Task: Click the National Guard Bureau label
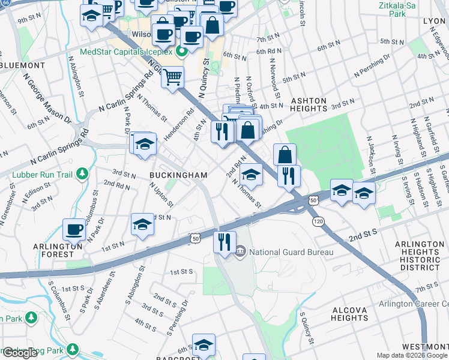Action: pos(291,252)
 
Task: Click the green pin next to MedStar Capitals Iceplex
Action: pos(179,52)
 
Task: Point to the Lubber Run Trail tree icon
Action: pos(82,175)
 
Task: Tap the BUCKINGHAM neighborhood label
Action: pos(178,175)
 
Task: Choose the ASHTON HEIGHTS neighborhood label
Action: pos(309,106)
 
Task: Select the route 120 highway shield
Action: pos(317,222)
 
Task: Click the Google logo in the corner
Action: pos(20,353)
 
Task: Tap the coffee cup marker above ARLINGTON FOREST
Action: pos(75,229)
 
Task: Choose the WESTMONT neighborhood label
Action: pos(424,347)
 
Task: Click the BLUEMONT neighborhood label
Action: pos(22,65)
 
